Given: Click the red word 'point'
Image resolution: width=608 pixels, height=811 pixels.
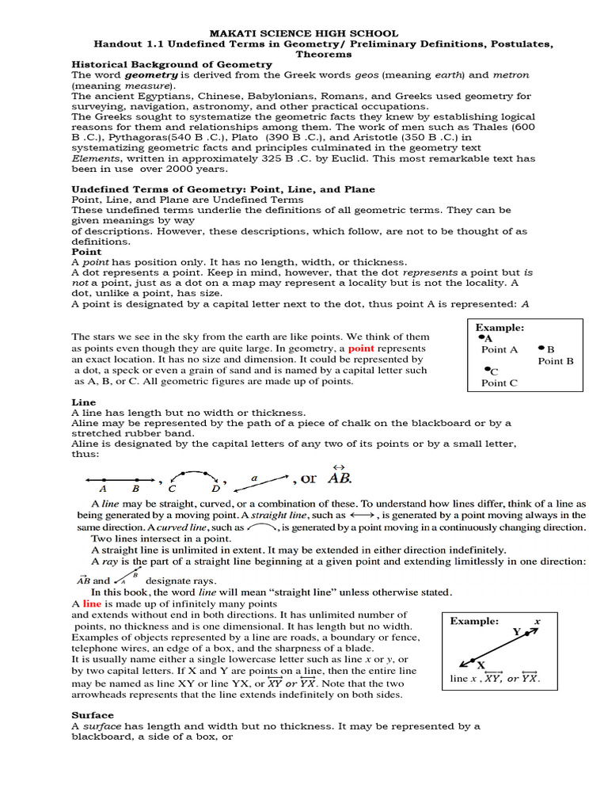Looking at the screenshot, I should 360,348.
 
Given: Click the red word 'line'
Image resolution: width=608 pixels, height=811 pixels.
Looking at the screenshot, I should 93,603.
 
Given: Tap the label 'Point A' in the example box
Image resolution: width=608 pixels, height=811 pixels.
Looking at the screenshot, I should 500,349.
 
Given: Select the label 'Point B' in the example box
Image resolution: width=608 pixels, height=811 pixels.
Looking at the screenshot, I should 556,360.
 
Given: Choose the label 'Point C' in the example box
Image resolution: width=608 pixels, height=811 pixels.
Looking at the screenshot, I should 500,383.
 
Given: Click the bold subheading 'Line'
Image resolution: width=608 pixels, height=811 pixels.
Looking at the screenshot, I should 83,402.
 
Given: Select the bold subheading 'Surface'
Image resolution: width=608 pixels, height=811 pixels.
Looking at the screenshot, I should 93,715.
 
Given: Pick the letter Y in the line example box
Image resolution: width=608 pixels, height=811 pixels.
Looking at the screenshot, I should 516,631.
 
